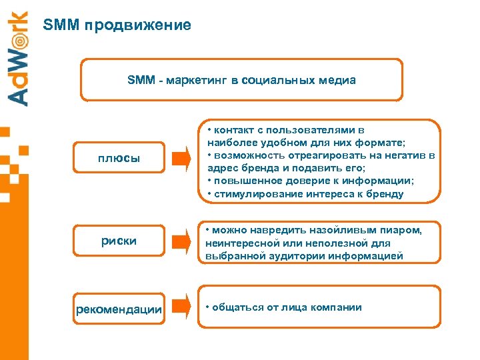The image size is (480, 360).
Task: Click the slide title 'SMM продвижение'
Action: point(117,25)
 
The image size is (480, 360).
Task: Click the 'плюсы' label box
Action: point(119,159)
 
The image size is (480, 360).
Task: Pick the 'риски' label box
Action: point(119,241)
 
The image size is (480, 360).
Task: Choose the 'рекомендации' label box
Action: point(119,309)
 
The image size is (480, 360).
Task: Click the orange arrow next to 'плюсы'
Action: point(181,159)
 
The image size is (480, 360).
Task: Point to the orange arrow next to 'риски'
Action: point(181,241)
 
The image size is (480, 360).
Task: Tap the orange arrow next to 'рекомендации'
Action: point(181,307)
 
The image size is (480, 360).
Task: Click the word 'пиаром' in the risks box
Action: point(403,230)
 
